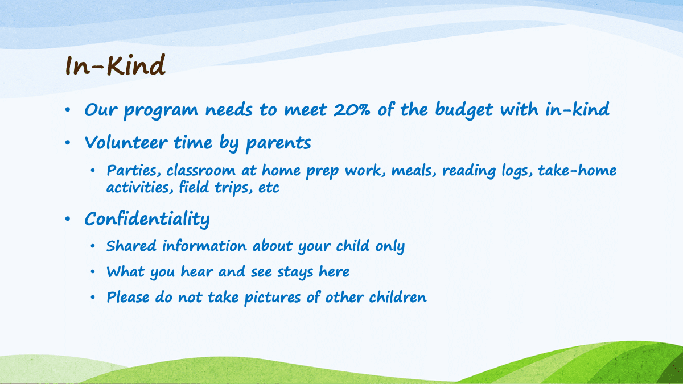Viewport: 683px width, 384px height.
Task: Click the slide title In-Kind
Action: [116, 65]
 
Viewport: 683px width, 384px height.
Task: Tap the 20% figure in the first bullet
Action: [352, 109]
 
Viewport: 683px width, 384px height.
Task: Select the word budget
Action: [464, 110]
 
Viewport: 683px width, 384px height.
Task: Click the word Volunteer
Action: [126, 142]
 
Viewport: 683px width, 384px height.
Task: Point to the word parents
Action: [278, 143]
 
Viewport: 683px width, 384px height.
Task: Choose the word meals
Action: [414, 171]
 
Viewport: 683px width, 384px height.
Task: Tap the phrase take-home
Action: [577, 170]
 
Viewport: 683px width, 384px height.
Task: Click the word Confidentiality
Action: [147, 219]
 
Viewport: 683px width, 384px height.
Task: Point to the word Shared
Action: [131, 246]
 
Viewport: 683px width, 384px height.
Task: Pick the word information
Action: [204, 246]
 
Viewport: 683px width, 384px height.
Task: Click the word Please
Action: [128, 298]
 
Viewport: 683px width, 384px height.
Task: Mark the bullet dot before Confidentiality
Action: [68, 219]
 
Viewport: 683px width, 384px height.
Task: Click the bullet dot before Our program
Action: [68, 110]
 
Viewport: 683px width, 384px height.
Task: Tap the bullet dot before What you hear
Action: [93, 271]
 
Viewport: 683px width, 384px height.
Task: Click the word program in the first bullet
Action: [161, 111]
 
